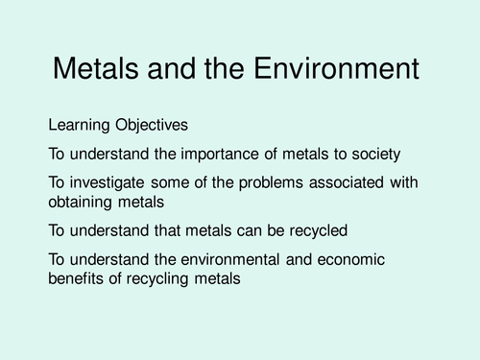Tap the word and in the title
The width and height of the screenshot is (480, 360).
tap(186, 69)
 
